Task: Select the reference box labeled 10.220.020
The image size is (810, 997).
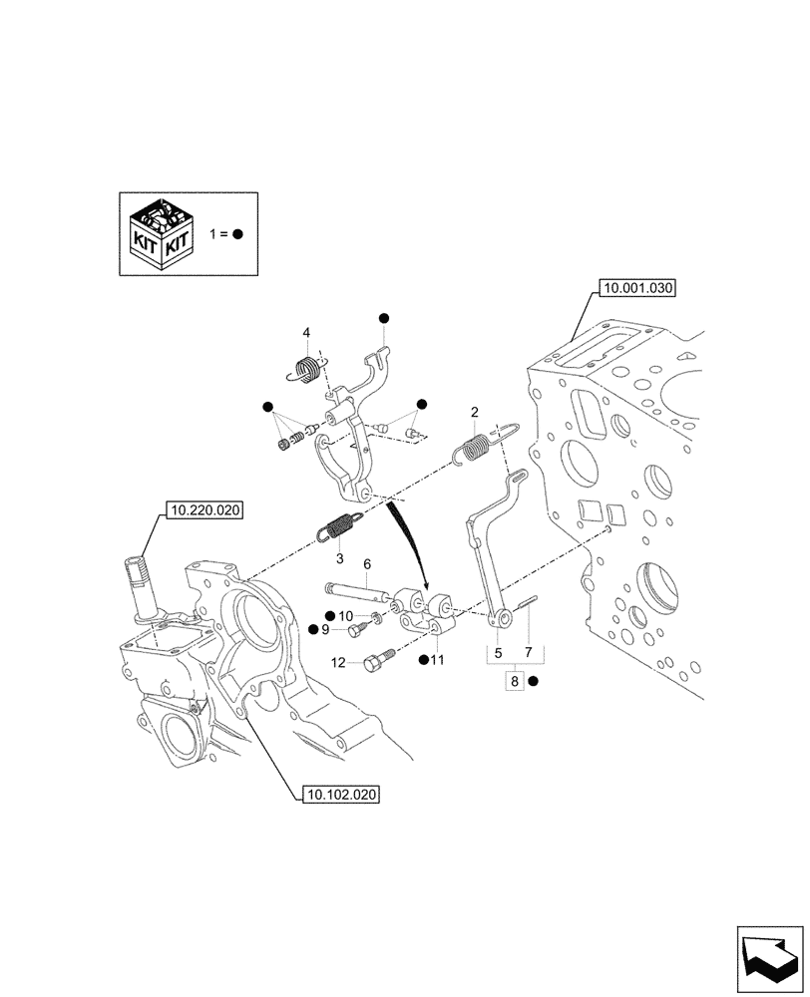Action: click(205, 509)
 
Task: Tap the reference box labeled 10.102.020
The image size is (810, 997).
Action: click(340, 795)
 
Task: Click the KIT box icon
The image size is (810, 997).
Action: click(159, 234)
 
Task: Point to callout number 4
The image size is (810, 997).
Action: click(307, 333)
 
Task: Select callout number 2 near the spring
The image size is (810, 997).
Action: click(475, 413)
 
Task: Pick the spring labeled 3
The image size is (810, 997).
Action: click(340, 524)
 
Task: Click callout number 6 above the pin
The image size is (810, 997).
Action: click(366, 564)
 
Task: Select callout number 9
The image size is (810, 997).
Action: click(325, 630)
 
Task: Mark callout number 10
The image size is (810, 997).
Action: click(346, 615)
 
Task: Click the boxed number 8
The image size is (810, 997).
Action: click(514, 682)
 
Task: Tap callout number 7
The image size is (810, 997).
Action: click(529, 653)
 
